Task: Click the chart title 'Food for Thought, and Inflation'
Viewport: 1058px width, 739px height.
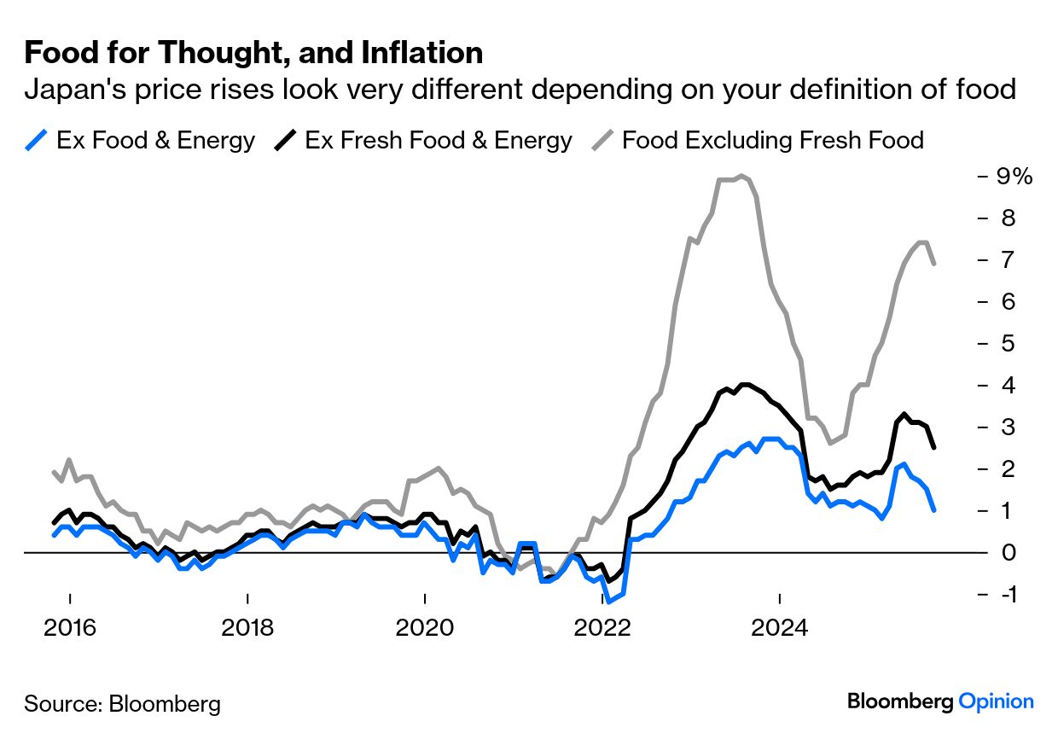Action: (253, 54)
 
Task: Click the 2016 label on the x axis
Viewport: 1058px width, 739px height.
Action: (69, 630)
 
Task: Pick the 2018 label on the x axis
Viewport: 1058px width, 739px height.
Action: (247, 630)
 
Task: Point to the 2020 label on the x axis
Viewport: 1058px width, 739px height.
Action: (424, 630)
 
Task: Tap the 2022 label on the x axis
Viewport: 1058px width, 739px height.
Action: (602, 630)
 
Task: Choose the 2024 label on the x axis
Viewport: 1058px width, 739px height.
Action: (780, 630)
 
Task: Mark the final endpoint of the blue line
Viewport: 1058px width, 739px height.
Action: (935, 510)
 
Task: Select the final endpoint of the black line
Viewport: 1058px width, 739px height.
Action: (935, 447)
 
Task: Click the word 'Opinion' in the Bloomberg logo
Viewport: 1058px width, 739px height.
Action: (996, 701)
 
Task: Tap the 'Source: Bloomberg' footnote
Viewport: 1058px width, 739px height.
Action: (122, 704)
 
